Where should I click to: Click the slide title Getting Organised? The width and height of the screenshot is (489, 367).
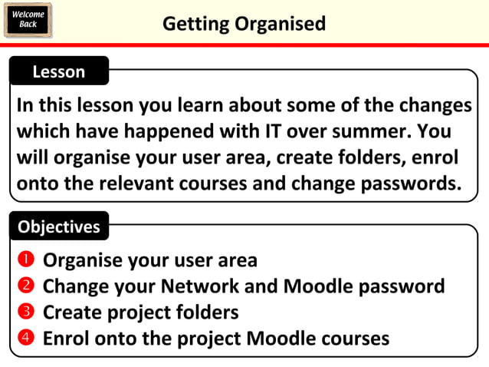244,24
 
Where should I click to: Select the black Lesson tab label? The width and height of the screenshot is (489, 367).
59,72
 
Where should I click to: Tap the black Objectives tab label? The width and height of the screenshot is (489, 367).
59,226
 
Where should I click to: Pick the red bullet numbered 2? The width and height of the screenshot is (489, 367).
25,286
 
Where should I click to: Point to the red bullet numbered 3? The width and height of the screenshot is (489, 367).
25,312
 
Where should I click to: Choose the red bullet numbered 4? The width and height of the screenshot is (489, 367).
25,338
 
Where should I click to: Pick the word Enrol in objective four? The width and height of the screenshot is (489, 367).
66,338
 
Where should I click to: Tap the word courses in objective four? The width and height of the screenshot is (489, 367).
353,338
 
